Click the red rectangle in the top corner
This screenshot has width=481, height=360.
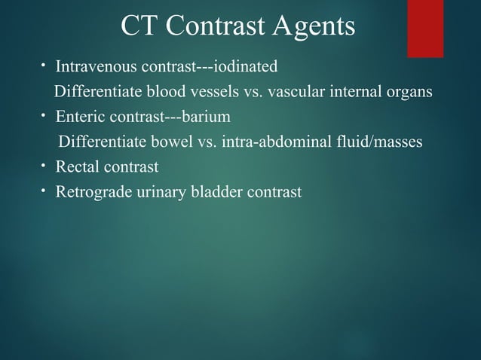pyautogui.click(x=435, y=28)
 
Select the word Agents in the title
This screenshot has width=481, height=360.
pyautogui.click(x=317, y=28)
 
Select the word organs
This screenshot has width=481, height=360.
pyautogui.click(x=411, y=93)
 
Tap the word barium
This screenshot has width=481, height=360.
pyautogui.click(x=203, y=117)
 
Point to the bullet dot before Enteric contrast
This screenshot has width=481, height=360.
pyautogui.click(x=44, y=117)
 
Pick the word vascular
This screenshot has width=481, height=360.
pyautogui.click(x=287, y=93)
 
